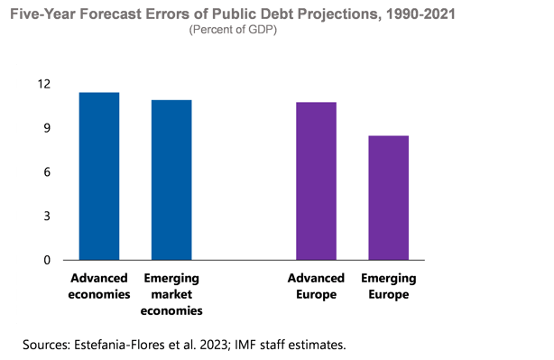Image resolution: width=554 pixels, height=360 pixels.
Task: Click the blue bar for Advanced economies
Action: tap(99, 176)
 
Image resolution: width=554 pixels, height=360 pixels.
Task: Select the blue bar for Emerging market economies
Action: tap(171, 180)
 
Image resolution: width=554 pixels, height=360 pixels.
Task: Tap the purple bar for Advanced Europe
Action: tap(316, 180)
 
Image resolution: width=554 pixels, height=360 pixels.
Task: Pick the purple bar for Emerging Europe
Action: tap(388, 198)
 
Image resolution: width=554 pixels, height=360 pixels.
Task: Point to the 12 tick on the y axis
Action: tap(44, 84)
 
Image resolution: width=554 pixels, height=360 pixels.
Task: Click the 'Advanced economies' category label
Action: tap(99, 286)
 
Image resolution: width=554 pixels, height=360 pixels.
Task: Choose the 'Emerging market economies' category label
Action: tap(171, 294)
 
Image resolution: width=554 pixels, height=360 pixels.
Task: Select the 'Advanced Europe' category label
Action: tap(312, 286)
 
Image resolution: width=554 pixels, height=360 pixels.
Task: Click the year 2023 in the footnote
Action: tap(212, 344)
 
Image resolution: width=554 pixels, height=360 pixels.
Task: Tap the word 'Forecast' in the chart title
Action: tap(113, 14)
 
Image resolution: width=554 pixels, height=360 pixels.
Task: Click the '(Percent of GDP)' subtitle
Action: tap(234, 30)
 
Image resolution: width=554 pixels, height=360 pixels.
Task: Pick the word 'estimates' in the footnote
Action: tap(317, 344)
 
